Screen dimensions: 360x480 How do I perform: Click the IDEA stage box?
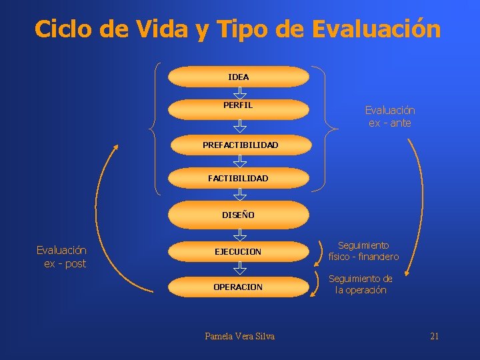(x=238, y=77)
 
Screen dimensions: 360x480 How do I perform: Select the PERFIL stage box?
(x=238, y=106)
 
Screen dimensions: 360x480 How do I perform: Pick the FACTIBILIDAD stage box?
(x=238, y=178)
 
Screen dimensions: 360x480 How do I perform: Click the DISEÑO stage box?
(x=238, y=215)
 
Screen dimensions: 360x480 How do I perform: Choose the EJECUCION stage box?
(x=238, y=251)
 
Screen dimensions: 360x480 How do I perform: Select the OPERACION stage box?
(x=238, y=287)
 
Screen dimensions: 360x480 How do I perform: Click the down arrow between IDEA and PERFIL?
(x=239, y=92)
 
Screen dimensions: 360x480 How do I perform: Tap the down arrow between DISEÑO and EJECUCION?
(x=239, y=234)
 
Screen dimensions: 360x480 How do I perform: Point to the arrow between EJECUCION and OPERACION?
(x=239, y=268)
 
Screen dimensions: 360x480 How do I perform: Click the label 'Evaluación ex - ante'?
(x=389, y=117)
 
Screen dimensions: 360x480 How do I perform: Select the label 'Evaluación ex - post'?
(x=61, y=257)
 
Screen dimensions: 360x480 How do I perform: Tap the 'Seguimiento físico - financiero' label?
(x=363, y=251)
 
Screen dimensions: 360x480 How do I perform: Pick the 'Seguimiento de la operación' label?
(x=361, y=285)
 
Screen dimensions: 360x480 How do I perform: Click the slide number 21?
(x=434, y=336)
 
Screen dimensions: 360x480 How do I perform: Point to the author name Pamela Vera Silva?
(x=239, y=336)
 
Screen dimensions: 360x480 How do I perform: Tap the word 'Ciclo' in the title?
(x=65, y=29)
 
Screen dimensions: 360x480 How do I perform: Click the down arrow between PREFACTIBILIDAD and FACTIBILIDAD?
(x=239, y=161)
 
